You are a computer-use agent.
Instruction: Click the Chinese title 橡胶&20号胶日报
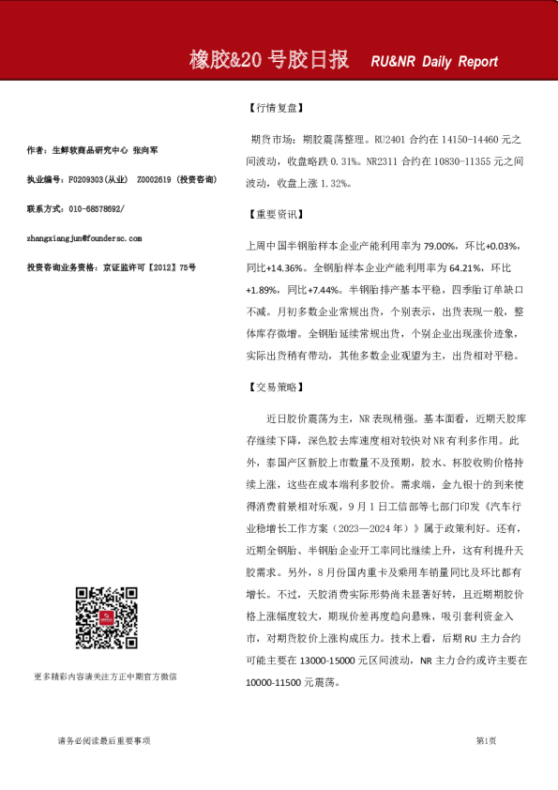[269, 61]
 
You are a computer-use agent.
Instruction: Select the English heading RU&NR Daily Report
[434, 62]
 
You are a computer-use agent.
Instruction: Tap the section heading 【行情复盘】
[273, 108]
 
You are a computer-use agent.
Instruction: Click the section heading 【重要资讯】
[273, 215]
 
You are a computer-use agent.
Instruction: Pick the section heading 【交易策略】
[273, 387]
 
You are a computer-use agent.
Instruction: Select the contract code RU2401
[392, 138]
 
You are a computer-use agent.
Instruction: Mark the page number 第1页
[486, 741]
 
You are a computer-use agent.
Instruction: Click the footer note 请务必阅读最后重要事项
[104, 741]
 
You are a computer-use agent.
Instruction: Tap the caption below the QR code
[105, 676]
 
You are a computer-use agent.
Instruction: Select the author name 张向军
[146, 149]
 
